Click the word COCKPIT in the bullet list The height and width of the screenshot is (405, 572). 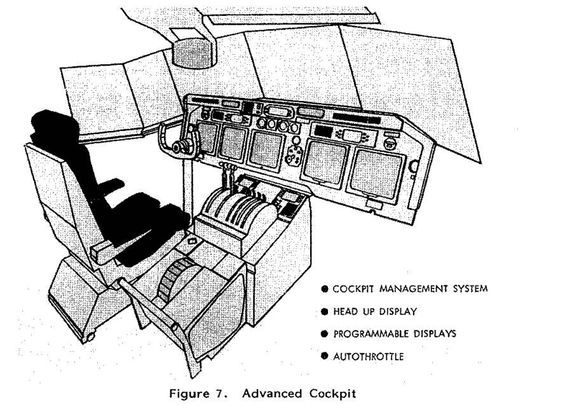[x=353, y=289]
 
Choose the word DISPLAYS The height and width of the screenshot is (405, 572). [x=435, y=334]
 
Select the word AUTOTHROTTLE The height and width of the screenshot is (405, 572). [x=369, y=357]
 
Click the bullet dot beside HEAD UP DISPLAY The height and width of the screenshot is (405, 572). [x=324, y=312]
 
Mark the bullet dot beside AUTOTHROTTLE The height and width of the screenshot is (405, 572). [x=324, y=356]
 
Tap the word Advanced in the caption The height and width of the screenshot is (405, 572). [x=272, y=394]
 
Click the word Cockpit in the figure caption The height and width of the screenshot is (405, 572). [x=332, y=394]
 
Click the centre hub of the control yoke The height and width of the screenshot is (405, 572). [x=179, y=147]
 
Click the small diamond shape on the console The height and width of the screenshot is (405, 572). [x=191, y=241]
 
